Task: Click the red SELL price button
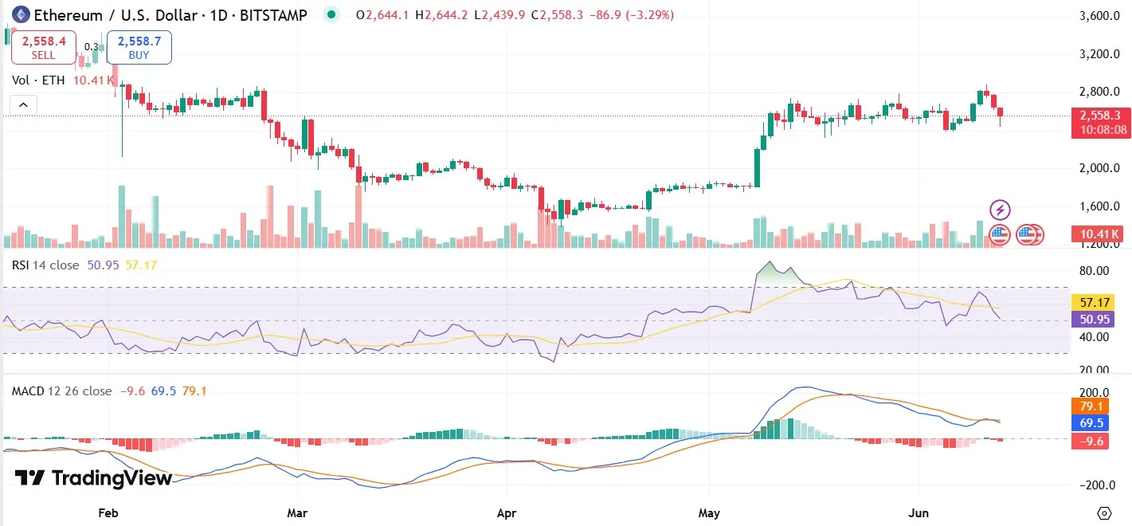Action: point(43,47)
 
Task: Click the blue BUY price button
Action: point(139,47)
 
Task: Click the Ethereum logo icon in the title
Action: point(20,14)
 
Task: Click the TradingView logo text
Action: point(94,477)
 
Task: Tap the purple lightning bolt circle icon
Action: point(1000,210)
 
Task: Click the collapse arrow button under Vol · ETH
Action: point(23,105)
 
